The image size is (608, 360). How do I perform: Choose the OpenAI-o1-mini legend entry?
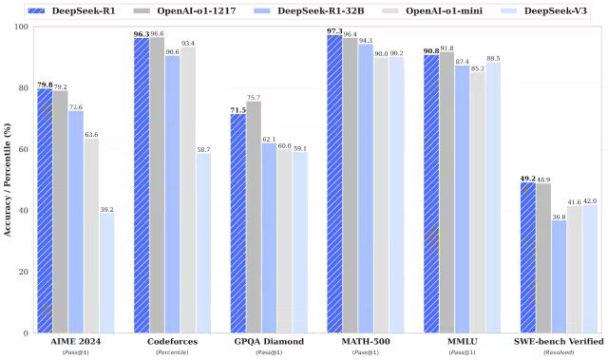(433, 9)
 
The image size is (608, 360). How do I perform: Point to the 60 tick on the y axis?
(21, 149)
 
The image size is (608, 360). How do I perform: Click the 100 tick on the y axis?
(19, 27)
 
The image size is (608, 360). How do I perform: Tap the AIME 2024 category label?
(75, 341)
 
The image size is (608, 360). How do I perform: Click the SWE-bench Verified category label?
(551, 341)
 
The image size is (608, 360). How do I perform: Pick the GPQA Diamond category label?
(269, 341)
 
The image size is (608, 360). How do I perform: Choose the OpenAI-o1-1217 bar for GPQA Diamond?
(254, 218)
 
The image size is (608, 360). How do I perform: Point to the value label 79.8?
(45, 85)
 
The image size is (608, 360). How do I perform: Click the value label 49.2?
(527, 178)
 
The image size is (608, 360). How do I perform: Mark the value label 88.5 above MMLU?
(493, 58)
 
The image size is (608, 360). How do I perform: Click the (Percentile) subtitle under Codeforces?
(172, 351)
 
